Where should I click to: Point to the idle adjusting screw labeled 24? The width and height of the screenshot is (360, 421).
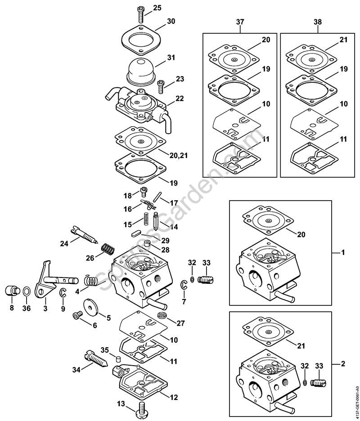(x=85, y=234)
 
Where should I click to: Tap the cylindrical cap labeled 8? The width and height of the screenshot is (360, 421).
(x=12, y=291)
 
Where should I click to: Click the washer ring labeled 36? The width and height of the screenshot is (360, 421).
(x=27, y=292)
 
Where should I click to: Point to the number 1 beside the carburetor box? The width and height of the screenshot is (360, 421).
(x=343, y=253)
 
